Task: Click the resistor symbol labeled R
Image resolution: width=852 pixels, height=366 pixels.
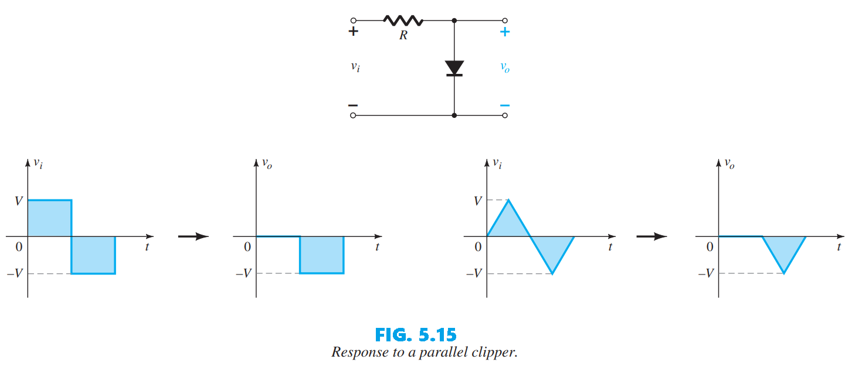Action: point(403,21)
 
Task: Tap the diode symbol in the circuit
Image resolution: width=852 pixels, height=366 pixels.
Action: point(454,68)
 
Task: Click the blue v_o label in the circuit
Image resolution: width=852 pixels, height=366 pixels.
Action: point(504,67)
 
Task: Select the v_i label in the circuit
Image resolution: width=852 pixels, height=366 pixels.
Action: point(355,66)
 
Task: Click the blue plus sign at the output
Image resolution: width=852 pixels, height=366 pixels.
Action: point(504,32)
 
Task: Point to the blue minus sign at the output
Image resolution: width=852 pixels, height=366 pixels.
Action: point(504,106)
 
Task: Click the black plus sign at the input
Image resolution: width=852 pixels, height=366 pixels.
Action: point(353,32)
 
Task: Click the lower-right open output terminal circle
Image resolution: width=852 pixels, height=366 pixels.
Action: point(505,116)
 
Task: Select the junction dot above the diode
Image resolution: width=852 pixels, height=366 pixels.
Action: point(454,20)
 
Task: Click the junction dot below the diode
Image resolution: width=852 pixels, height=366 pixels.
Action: point(454,116)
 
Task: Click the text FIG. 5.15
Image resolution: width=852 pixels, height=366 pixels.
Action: point(415,335)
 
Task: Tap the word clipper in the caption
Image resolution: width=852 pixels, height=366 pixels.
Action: point(496,353)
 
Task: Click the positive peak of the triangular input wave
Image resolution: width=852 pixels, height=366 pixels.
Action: point(508,201)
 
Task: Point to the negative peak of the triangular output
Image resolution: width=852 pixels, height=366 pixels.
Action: point(784,273)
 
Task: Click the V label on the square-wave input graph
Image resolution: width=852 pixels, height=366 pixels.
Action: point(18,201)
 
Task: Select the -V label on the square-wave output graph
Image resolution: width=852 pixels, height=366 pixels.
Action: point(243,274)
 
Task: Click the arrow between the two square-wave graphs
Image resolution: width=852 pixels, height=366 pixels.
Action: point(194,236)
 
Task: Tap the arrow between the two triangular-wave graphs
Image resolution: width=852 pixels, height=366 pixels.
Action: point(651,236)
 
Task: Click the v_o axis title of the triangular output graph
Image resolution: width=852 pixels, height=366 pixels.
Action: point(729,164)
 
